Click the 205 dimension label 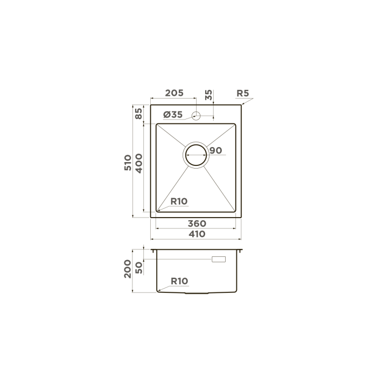point(174,93)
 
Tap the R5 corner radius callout point(242,93)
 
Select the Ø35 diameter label point(173,115)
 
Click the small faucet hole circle point(196,116)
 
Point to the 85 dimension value point(138,114)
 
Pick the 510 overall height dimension point(128,163)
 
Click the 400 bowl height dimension point(139,164)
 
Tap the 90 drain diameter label point(215,150)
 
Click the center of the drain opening point(196,155)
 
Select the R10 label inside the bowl point(179,201)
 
